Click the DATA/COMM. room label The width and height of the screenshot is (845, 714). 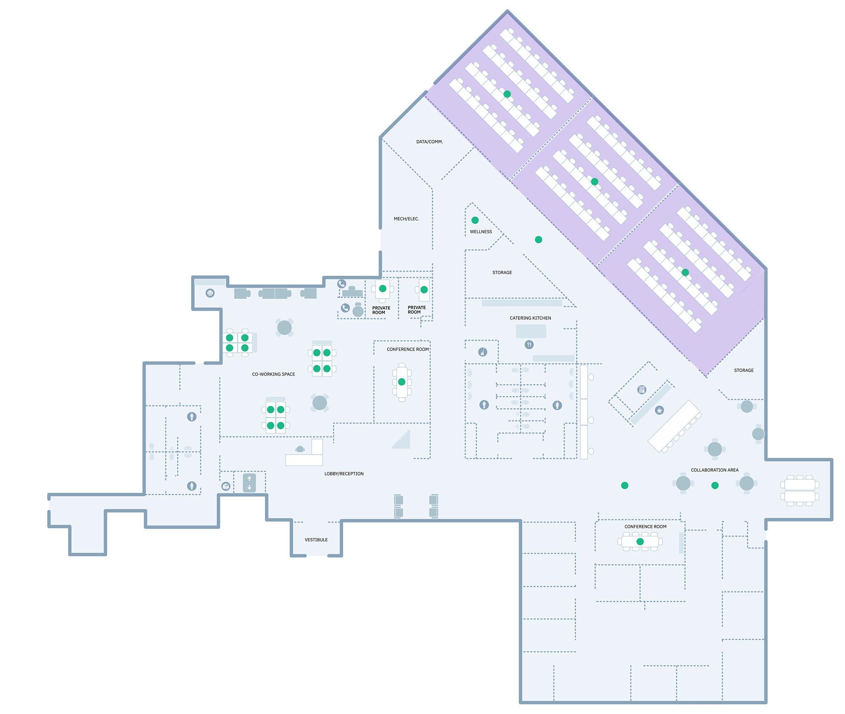point(429,142)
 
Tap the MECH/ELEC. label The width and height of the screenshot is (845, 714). point(406,219)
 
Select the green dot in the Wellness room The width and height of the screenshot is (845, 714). point(475,220)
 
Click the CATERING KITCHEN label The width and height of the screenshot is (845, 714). point(530,318)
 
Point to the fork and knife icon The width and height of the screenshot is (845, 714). point(529,344)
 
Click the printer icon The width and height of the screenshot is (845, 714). point(210,293)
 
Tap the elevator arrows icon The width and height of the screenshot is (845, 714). point(249,483)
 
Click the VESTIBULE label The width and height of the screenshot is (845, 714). point(316,540)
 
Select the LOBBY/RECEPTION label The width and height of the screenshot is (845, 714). point(344,474)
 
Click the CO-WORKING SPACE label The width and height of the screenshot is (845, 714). point(273,374)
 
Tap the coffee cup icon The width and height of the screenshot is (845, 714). point(659,410)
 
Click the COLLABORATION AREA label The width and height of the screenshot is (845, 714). point(714,470)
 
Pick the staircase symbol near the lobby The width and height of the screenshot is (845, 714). point(401,439)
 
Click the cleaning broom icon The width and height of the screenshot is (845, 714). point(482,352)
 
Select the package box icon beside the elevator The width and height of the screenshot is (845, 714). point(226,486)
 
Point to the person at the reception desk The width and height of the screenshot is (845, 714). point(300,449)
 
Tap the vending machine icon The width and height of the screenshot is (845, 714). point(641,390)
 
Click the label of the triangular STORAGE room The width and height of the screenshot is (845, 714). point(502,273)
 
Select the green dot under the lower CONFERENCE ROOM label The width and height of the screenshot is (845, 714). point(640,541)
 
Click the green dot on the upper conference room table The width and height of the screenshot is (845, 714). point(401,382)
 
